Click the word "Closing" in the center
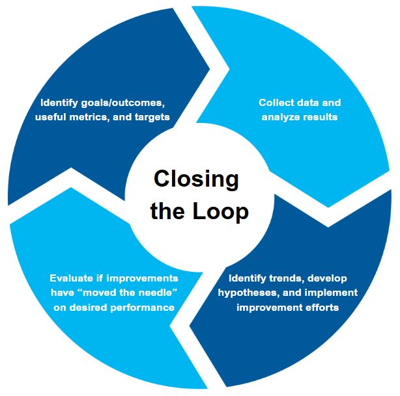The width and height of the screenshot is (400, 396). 195,179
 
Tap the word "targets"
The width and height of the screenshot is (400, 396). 152,117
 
